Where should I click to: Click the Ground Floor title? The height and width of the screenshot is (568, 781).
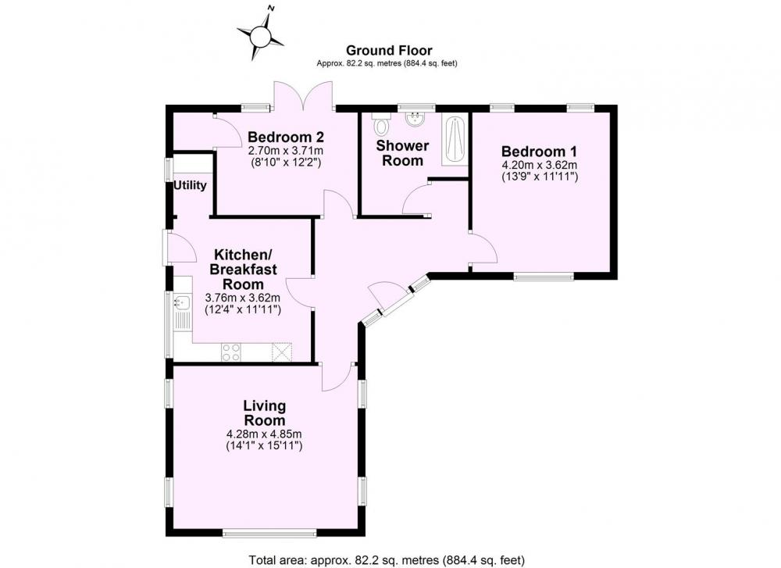click(x=389, y=50)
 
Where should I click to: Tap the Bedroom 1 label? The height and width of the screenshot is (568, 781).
click(x=539, y=152)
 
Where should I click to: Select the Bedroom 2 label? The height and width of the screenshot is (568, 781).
click(x=286, y=137)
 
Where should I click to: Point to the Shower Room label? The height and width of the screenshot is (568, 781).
click(x=402, y=153)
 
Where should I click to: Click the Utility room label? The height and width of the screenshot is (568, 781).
click(x=190, y=185)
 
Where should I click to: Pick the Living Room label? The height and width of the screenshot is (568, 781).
click(x=264, y=413)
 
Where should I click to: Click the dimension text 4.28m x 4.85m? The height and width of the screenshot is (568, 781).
click(x=264, y=434)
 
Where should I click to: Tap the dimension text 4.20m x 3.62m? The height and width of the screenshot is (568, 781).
click(x=540, y=165)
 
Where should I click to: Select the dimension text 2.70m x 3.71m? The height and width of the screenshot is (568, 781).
click(x=286, y=150)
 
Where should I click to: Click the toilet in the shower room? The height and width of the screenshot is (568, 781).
click(x=382, y=124)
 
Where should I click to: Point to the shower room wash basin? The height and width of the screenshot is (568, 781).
click(x=414, y=120)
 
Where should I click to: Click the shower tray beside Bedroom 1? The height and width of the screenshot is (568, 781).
click(x=455, y=139)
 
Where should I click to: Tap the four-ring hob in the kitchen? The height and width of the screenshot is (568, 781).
click(x=231, y=352)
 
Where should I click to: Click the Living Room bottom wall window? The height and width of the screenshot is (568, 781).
click(x=269, y=533)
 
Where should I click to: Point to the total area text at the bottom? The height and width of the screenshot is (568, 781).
click(x=387, y=560)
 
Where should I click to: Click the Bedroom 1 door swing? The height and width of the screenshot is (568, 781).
click(x=483, y=248)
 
